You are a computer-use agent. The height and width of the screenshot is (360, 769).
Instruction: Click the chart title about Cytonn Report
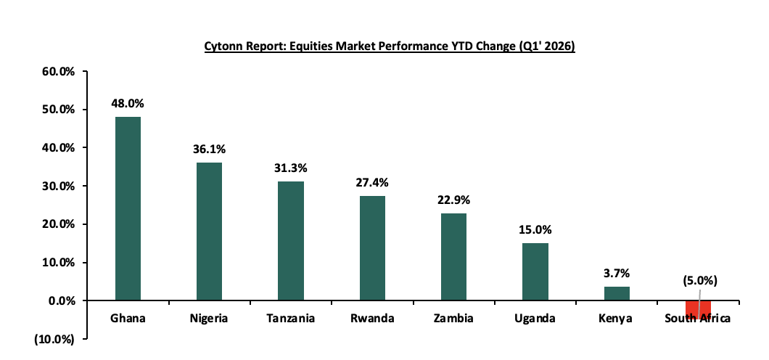coord(390,46)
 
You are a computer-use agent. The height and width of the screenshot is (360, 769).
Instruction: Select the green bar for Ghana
coord(128,208)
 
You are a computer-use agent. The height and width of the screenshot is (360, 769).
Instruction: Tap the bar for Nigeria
coord(209,231)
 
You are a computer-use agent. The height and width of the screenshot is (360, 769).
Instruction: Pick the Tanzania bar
coord(291,240)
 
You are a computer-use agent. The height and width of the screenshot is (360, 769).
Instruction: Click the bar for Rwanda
coord(372,247)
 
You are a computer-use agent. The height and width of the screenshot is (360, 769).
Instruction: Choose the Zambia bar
coord(453,256)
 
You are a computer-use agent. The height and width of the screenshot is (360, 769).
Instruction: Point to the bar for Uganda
coord(535,271)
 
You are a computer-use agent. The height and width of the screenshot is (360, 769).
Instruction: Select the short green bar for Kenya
coord(617,293)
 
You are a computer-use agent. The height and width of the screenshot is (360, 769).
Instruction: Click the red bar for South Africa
coord(698,309)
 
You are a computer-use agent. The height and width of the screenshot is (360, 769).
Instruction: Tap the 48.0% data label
coord(126,103)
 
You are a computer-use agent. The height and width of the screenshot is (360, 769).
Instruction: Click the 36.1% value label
coord(210,150)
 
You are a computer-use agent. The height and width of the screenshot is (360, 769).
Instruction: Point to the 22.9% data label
coord(454,200)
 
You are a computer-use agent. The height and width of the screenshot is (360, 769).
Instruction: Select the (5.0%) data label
coord(700,280)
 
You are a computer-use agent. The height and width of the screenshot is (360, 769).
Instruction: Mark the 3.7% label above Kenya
coord(617,273)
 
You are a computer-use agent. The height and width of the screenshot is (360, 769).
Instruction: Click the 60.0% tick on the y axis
coord(60,72)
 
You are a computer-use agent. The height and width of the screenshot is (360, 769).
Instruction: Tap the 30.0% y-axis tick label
coord(60,187)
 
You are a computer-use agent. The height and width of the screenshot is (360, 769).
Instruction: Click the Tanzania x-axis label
coord(291,319)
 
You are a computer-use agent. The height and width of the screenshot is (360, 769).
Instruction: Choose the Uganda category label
coord(535,319)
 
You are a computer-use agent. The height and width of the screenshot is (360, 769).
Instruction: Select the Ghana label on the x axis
coord(128,319)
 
